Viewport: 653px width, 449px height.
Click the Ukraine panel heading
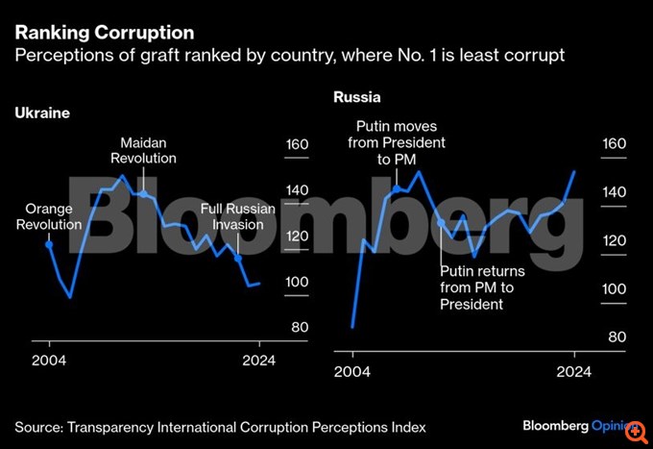click(x=42, y=112)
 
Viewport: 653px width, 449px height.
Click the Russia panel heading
click(x=357, y=97)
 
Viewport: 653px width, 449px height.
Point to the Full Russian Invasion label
click(x=238, y=217)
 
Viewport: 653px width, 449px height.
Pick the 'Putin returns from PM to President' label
click(x=477, y=287)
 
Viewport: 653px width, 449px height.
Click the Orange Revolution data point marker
click(x=49, y=244)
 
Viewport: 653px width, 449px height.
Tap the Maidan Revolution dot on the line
click(x=143, y=193)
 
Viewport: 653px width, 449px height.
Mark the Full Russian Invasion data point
click(x=238, y=258)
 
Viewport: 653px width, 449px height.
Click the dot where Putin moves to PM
click(x=397, y=188)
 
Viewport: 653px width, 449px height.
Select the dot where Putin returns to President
click(x=441, y=222)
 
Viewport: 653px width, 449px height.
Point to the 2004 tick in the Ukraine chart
click(x=49, y=361)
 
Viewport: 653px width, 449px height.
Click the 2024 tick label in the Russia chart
click(x=574, y=371)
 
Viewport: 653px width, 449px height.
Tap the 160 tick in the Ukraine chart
click(x=297, y=145)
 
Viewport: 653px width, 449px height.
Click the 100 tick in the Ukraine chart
click(x=297, y=283)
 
